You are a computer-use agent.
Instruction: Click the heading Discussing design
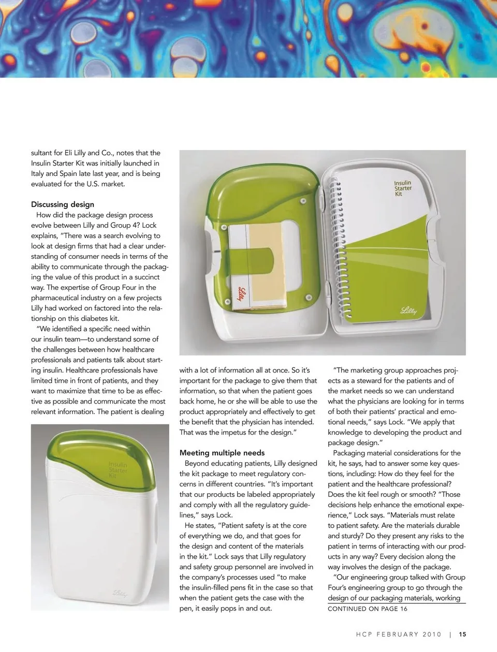(x=63, y=204)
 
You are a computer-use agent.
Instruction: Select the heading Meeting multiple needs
(x=222, y=453)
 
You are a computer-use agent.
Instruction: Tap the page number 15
(x=462, y=634)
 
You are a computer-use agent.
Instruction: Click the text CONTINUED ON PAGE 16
(x=368, y=609)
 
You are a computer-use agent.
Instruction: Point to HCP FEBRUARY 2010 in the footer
(x=399, y=634)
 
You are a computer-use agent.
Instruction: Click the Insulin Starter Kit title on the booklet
(x=403, y=188)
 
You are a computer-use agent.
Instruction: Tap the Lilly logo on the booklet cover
(x=408, y=310)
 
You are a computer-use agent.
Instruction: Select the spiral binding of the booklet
(x=337, y=248)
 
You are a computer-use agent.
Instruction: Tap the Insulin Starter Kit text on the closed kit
(x=118, y=470)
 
